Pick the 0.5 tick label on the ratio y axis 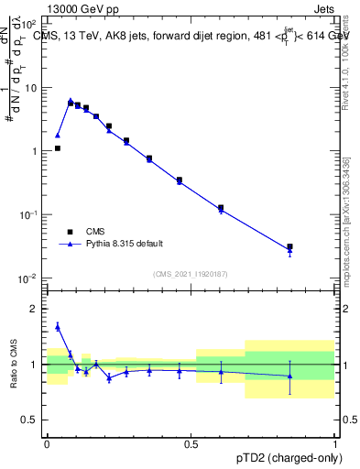pyautogui.click(x=32, y=420)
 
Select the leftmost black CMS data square pyautogui.click(x=57, y=147)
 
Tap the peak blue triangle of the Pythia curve pyautogui.click(x=71, y=101)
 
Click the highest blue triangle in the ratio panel pyautogui.click(x=57, y=325)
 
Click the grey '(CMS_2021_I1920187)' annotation pyautogui.click(x=190, y=273)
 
